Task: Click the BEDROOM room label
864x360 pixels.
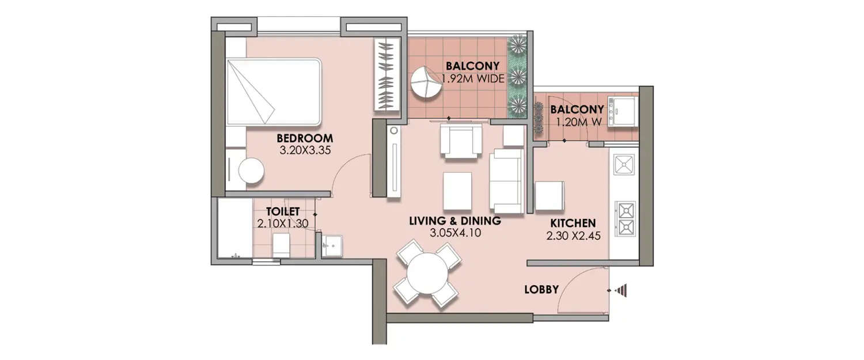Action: (305, 138)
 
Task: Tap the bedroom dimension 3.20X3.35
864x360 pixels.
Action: (305, 151)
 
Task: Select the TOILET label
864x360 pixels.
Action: (282, 211)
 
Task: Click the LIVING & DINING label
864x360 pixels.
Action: (455, 221)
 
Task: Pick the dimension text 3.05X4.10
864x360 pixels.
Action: (455, 233)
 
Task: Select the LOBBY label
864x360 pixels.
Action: (541, 290)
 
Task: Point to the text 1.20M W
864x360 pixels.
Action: (577, 122)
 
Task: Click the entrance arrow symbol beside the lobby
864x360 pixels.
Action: (621, 290)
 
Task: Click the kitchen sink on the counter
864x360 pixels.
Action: (624, 165)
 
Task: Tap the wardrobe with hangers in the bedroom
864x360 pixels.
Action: (386, 75)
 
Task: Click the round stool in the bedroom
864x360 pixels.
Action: (251, 171)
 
